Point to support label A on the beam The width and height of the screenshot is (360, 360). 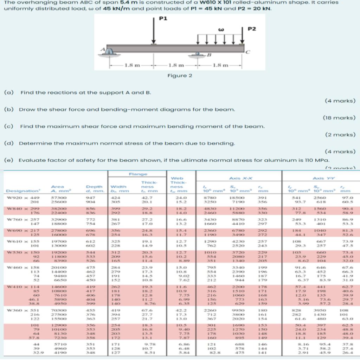coord(104,50)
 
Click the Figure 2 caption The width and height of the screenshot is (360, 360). coord(180,76)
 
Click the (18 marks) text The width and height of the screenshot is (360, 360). coord(339,118)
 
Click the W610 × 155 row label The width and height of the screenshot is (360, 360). coord(19,242)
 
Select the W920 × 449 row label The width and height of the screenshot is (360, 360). coord(19,198)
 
